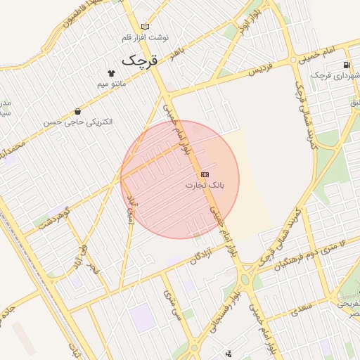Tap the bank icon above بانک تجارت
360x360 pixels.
[x=205, y=174]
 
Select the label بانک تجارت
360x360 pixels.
[x=204, y=185]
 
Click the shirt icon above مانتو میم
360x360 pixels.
[x=110, y=72]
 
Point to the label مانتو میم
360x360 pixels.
[x=110, y=84]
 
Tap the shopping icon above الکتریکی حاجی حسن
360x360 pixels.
[x=77, y=111]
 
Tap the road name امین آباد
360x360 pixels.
[x=129, y=207]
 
